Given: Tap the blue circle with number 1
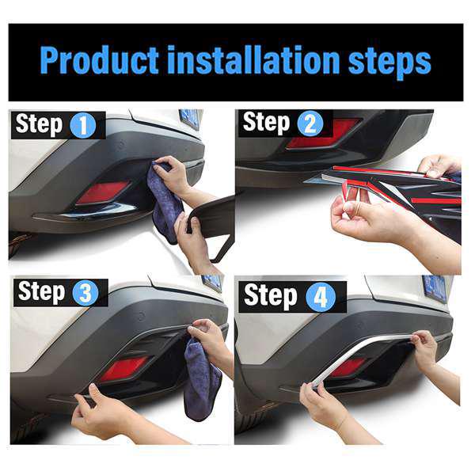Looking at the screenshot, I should pos(82,125).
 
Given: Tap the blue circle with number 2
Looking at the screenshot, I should pos(310,123).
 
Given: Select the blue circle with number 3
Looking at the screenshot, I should pos(85,293).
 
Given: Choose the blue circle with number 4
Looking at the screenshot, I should pos(321,296).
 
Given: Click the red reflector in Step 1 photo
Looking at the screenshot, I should pos(101,192).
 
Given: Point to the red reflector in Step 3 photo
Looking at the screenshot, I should pos(122,368).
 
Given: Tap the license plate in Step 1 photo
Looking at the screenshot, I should pos(190,118).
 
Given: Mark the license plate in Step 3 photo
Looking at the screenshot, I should pos(212,283).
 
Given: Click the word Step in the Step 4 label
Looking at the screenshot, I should pos(270,296).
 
